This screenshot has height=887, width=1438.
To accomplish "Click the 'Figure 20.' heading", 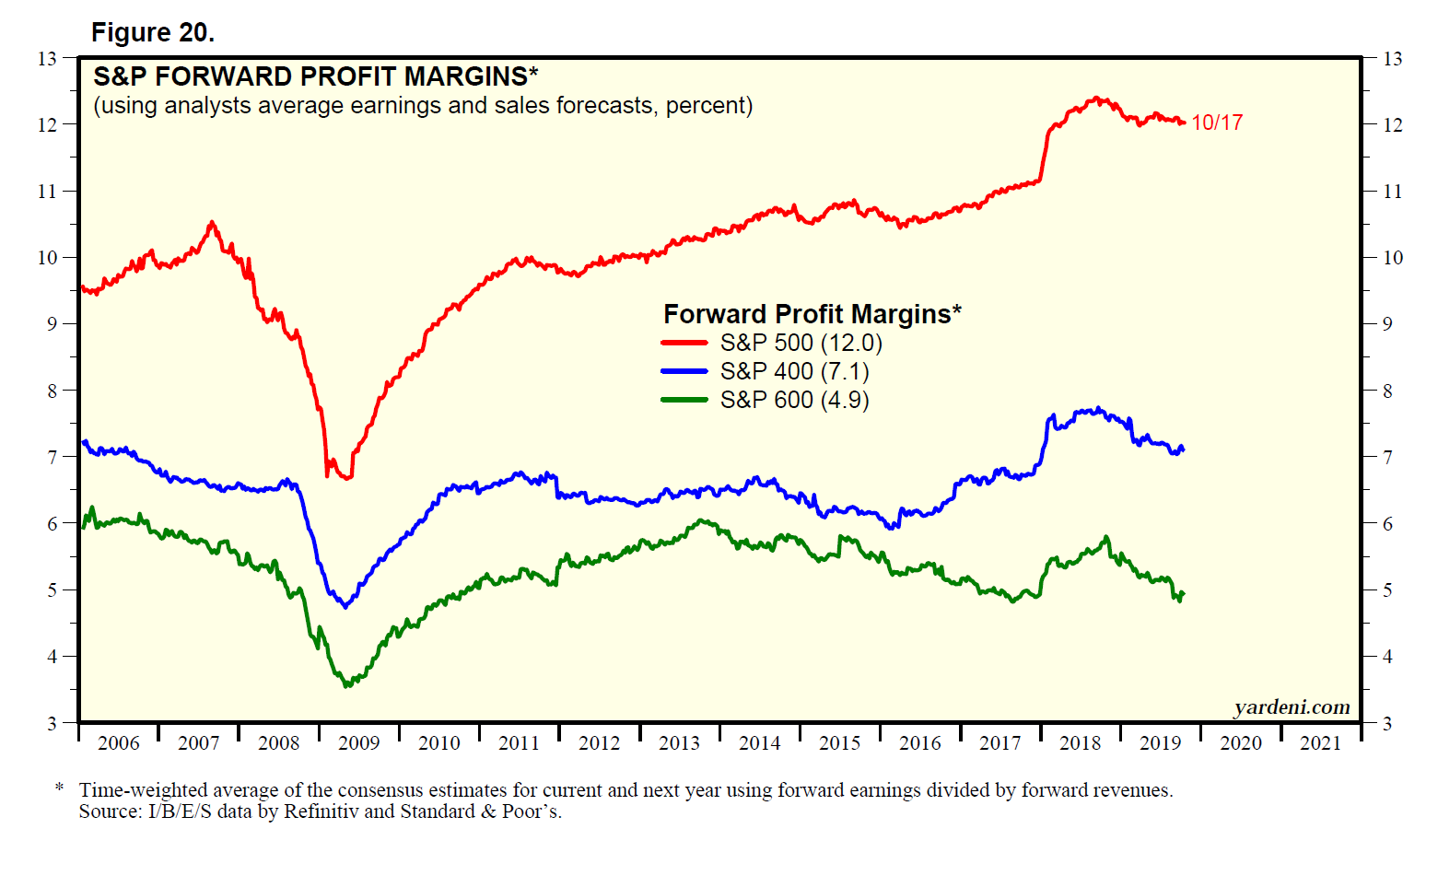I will pos(153,33).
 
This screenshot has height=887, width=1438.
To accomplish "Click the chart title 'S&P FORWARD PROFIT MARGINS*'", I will pos(315,76).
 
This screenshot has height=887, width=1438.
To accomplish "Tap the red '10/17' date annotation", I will pos(1217,123).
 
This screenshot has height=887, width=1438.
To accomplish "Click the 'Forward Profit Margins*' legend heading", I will pos(812,314).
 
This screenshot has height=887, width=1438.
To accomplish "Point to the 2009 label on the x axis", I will pos(358,743).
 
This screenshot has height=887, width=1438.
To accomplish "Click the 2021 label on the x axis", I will pos(1320,743).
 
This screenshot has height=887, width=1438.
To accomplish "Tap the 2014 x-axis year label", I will pos(759,743).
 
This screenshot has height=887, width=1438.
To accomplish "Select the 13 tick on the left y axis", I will pos(47,59).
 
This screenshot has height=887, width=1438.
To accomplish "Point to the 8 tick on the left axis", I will pos(52,391).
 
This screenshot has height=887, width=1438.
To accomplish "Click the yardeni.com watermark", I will pos(1292,707).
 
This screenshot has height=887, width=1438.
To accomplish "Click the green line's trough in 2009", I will pos(346,686).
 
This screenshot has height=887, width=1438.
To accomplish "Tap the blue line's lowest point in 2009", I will pos(345,607).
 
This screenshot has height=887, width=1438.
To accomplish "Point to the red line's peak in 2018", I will pos(1095,97).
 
